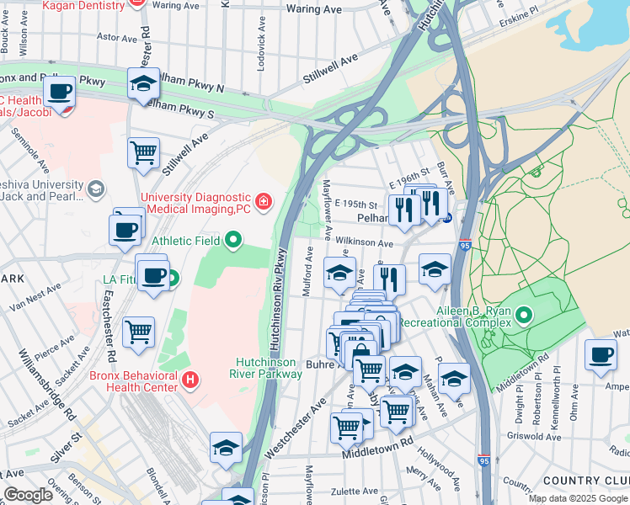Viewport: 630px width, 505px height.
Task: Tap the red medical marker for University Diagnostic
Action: tap(264, 200)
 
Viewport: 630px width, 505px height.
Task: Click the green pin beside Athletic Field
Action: tap(235, 242)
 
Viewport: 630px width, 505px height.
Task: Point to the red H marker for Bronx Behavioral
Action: tap(191, 380)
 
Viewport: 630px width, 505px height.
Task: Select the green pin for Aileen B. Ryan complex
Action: tap(524, 316)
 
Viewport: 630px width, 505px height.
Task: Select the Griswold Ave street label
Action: tap(534, 437)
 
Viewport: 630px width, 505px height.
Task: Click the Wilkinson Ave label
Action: tap(364, 242)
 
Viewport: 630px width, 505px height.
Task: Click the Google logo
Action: tap(29, 495)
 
